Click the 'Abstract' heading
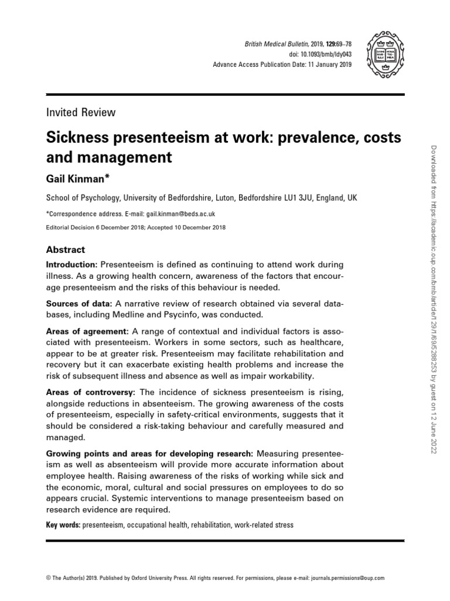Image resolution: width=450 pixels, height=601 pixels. tap(65, 249)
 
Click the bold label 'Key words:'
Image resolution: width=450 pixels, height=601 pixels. tap(63, 525)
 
